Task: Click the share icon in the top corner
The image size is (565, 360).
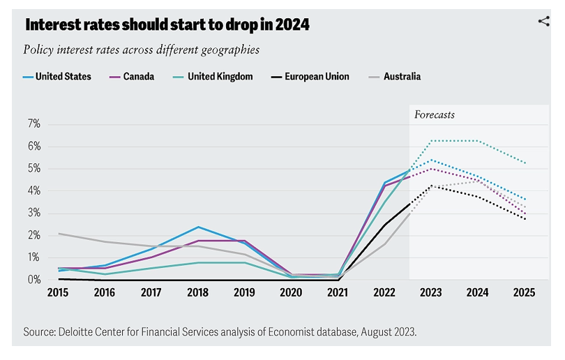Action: click(x=544, y=21)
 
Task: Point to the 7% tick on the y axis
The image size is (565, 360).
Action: click(x=34, y=124)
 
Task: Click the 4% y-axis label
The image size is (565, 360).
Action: click(x=34, y=191)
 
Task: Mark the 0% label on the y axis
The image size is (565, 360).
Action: click(x=34, y=280)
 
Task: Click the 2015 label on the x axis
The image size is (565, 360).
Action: click(x=59, y=294)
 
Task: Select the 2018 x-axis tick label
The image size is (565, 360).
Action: click(x=198, y=294)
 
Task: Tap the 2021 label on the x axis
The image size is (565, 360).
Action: click(x=338, y=294)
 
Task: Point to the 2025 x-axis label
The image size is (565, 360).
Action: click(x=524, y=294)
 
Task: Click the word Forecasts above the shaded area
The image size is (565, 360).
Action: click(x=435, y=114)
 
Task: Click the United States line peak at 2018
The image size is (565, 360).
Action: click(x=198, y=227)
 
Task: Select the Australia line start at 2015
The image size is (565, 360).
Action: click(x=59, y=234)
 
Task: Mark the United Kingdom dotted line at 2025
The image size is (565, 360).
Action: click(x=524, y=163)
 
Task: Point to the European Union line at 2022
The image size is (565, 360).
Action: click(x=384, y=225)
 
